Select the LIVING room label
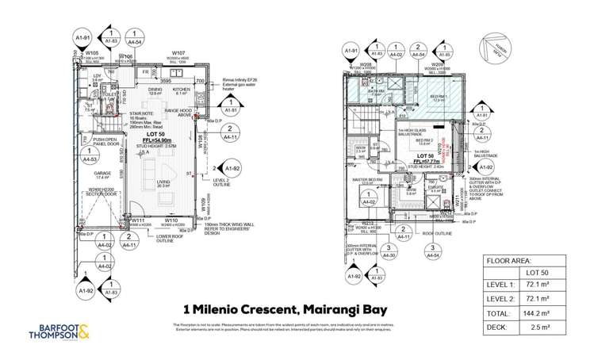pyautogui.click(x=163, y=183)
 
